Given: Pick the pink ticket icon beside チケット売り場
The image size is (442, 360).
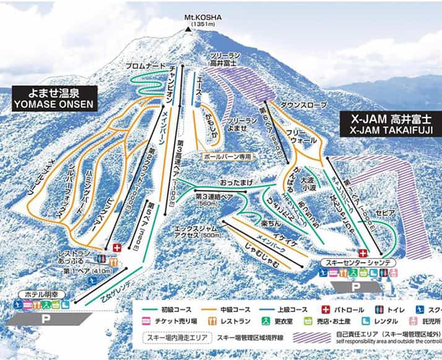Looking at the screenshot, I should tap(146, 322).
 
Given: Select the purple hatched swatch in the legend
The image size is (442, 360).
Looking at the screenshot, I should tap(313, 338).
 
